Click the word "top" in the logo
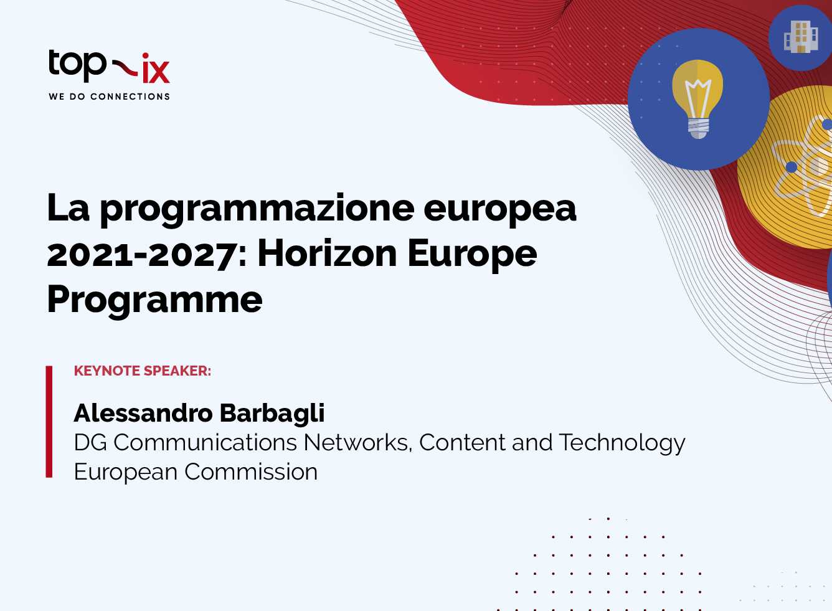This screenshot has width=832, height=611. click(x=77, y=66)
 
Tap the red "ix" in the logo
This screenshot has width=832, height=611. click(x=156, y=68)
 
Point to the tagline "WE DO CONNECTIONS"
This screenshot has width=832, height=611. click(x=109, y=97)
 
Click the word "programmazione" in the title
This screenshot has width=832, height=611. click(x=257, y=210)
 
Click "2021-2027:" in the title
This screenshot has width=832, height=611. click(x=147, y=255)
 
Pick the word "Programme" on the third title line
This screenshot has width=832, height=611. click(x=155, y=301)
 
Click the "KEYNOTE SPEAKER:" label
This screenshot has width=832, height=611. click(x=143, y=371)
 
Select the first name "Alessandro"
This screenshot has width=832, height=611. click(x=143, y=413)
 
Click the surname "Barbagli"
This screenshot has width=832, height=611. click(x=272, y=414)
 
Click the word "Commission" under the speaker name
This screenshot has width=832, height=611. click(x=251, y=472)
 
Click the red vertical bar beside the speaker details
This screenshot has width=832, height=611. click(x=49, y=422)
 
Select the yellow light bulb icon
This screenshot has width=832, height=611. click(x=698, y=99)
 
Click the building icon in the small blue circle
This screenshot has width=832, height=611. click(x=801, y=37)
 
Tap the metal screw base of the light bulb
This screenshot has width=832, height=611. click(x=698, y=128)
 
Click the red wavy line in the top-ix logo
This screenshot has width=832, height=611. click(x=125, y=67)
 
